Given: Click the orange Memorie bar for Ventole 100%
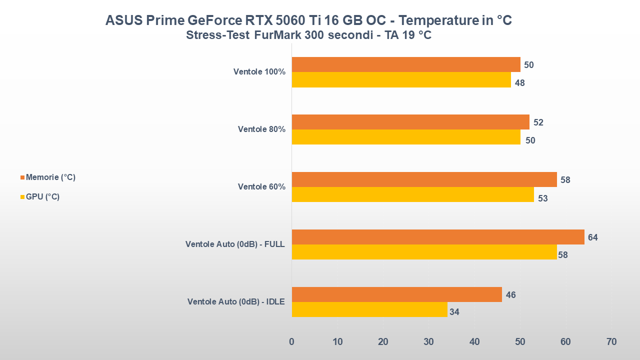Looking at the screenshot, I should (x=406, y=64).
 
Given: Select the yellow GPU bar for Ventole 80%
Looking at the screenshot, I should (x=406, y=137).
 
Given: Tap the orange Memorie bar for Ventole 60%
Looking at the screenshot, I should (x=424, y=179).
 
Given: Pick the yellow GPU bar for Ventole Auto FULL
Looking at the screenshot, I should (x=424, y=252).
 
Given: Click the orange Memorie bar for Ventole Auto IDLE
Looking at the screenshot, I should (x=396, y=294).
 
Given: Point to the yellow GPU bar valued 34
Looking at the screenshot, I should (x=369, y=309).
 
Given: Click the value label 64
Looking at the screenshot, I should (x=593, y=237).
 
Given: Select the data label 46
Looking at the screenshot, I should (x=510, y=295).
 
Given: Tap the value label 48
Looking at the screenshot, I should (x=519, y=83).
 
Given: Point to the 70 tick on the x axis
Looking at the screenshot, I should (x=611, y=342).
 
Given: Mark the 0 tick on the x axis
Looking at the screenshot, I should (x=291, y=342).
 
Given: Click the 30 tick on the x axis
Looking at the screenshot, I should (x=428, y=342).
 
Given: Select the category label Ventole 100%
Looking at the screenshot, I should (x=259, y=72).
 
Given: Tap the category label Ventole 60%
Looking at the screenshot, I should (x=261, y=187).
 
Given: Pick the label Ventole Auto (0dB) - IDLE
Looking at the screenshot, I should (x=236, y=302).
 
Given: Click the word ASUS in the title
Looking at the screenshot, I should (x=123, y=20).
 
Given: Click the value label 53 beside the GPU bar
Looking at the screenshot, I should (x=542, y=198).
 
